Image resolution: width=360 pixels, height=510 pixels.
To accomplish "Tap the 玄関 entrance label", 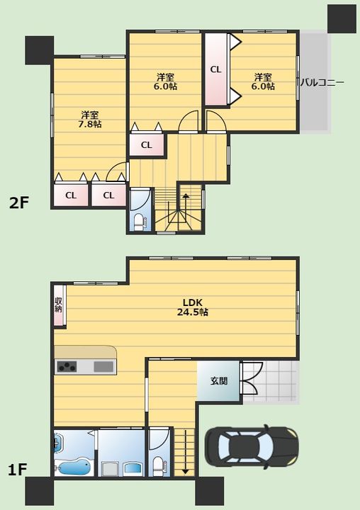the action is [x=219, y=380].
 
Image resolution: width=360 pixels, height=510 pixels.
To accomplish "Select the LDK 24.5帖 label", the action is [x=193, y=307].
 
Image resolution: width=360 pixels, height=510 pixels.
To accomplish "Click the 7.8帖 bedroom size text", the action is [x=90, y=124].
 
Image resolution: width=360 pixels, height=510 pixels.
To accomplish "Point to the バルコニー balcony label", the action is [x=322, y=82].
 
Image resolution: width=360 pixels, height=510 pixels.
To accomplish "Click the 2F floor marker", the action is [x=20, y=203].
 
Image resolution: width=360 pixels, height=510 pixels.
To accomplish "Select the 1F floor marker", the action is [x=17, y=470].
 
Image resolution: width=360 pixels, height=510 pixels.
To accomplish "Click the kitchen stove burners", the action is [x=67, y=367].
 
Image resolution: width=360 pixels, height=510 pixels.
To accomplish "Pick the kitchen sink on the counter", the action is [x=104, y=367].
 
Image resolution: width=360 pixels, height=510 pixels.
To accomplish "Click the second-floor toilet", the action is [x=140, y=222].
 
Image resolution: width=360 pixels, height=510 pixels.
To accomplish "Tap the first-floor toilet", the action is [x=159, y=466].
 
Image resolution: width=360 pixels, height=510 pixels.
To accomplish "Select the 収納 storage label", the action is [x=58, y=305].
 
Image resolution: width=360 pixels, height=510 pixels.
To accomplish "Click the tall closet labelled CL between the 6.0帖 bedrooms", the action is [x=215, y=69].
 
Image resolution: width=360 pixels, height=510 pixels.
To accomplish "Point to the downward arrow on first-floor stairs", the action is [x=186, y=451].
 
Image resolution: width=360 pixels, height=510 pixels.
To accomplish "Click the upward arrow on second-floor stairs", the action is [x=185, y=208].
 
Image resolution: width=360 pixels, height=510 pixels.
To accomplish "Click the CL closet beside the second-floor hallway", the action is [x=147, y=145].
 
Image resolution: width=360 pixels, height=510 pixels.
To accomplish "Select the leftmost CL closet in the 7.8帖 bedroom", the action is [x=71, y=195].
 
